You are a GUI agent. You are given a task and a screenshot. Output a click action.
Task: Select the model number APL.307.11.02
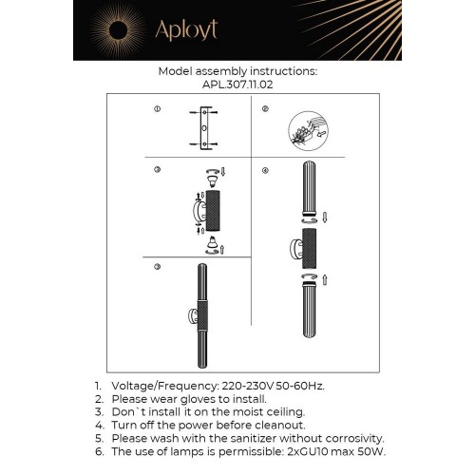[237, 84]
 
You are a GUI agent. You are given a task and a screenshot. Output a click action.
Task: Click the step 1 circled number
[157, 110]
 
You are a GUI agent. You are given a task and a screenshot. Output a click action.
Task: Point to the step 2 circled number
[265, 110]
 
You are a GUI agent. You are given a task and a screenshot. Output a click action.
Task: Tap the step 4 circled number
[265, 170]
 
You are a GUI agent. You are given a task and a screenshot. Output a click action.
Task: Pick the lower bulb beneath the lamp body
[211, 246]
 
